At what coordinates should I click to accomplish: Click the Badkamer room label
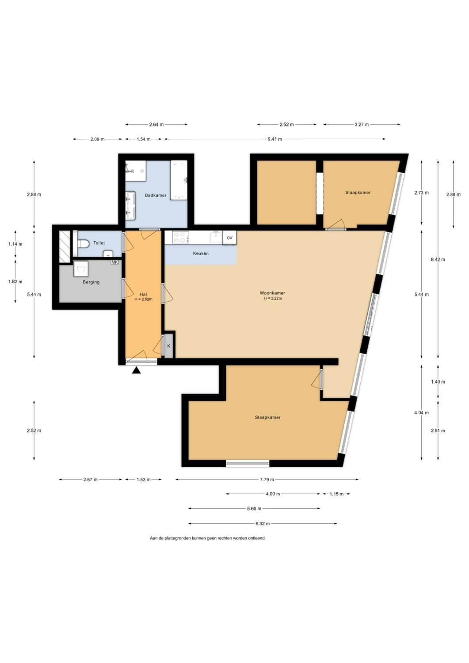pos(156,195)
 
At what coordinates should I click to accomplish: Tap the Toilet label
pos(99,243)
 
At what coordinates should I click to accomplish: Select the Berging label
pos(91,282)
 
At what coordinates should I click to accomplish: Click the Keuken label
pos(201,253)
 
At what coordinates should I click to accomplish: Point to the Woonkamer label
pos(272,293)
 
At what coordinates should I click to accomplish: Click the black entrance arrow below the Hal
pos(136,370)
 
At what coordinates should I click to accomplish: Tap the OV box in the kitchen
pos(229,238)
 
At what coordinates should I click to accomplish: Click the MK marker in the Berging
pos(114,262)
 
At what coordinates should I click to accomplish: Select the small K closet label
pos(169,346)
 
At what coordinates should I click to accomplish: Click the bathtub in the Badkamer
pos(179,180)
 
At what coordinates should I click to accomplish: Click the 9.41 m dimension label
pos(275,139)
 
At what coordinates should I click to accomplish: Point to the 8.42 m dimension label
pos(438,259)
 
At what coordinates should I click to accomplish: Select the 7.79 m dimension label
pos(267,480)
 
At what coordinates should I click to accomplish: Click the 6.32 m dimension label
pos(263,524)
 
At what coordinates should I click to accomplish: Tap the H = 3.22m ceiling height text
pos(273,299)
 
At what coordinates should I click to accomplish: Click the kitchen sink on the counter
pos(216,237)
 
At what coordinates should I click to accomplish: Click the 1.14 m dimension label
pos(15,244)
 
